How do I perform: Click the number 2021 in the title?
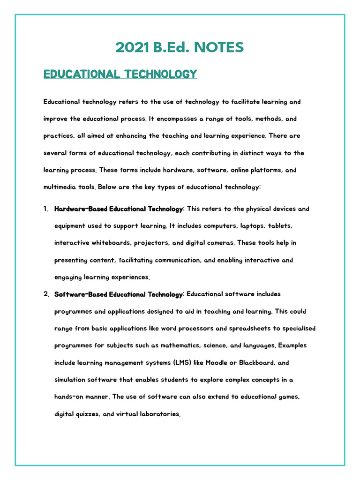(x=131, y=47)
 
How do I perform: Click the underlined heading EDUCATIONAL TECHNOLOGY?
(x=120, y=74)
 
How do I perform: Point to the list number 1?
(x=46, y=209)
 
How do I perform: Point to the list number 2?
(x=46, y=294)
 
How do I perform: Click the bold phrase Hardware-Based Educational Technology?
(x=119, y=209)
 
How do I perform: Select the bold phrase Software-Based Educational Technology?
(x=119, y=294)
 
